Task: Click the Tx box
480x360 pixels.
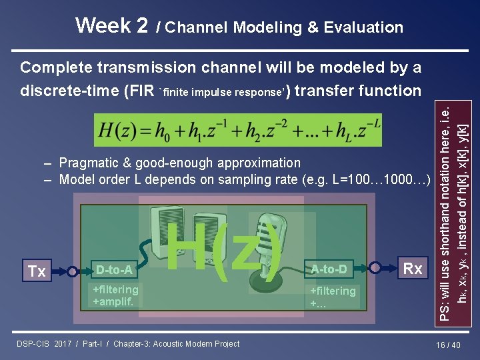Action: pos(37,271)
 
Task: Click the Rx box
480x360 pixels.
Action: pos(413,269)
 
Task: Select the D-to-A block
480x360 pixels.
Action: pos(114,271)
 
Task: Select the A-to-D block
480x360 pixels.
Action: pos(329,269)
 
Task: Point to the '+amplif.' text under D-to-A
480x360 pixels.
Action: pos(113,301)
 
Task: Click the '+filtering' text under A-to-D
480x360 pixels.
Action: pos(333,291)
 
